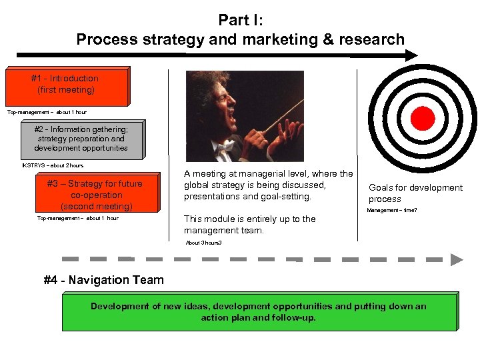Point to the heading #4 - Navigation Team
103,280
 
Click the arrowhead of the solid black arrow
408,57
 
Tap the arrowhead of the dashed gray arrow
457,259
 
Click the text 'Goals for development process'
415,193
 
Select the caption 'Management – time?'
392,211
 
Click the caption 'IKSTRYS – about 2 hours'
53,165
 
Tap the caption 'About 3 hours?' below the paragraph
204,243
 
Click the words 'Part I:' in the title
240,21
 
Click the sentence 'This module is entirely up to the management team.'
250,225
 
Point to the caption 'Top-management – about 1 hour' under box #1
47,112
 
